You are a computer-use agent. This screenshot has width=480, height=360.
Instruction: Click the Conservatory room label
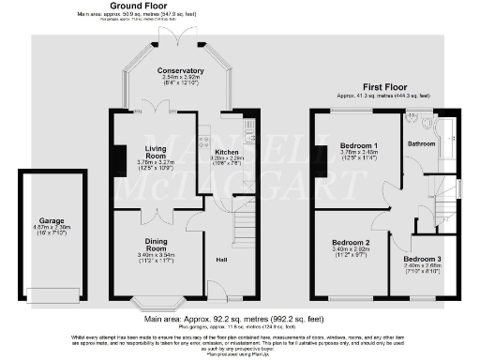coord(180,71)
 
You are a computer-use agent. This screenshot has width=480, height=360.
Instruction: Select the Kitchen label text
coord(227,151)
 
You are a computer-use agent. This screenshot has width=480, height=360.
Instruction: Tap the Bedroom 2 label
coord(351,242)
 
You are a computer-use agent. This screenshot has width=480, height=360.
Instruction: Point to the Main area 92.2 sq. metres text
coord(239,320)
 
